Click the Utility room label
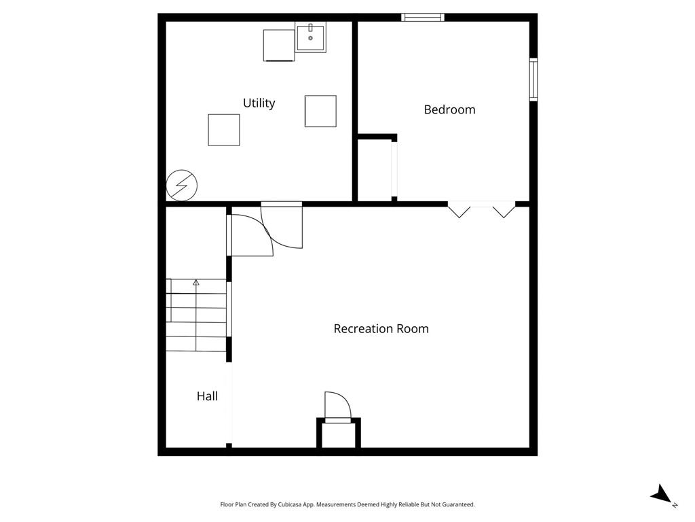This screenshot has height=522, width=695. [259, 103]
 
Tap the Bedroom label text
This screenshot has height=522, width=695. [449, 109]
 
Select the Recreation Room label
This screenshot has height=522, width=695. [381, 329]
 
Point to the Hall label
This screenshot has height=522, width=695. [207, 396]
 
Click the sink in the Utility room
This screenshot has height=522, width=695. [310, 38]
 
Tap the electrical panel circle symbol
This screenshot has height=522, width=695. [182, 185]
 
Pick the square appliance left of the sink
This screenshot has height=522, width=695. [279, 46]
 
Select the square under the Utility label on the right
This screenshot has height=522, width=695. [320, 111]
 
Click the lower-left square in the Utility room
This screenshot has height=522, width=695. [224, 130]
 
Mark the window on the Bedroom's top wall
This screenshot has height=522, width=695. [423, 17]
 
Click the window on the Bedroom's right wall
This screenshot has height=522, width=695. [533, 80]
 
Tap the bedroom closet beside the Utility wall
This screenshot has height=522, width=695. [375, 169]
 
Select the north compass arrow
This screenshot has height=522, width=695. [661, 493]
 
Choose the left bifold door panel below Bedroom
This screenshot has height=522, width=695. [459, 211]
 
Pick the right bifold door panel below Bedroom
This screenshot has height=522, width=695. [504, 211]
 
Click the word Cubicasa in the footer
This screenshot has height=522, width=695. [290, 505]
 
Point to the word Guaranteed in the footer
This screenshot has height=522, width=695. [458, 505]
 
